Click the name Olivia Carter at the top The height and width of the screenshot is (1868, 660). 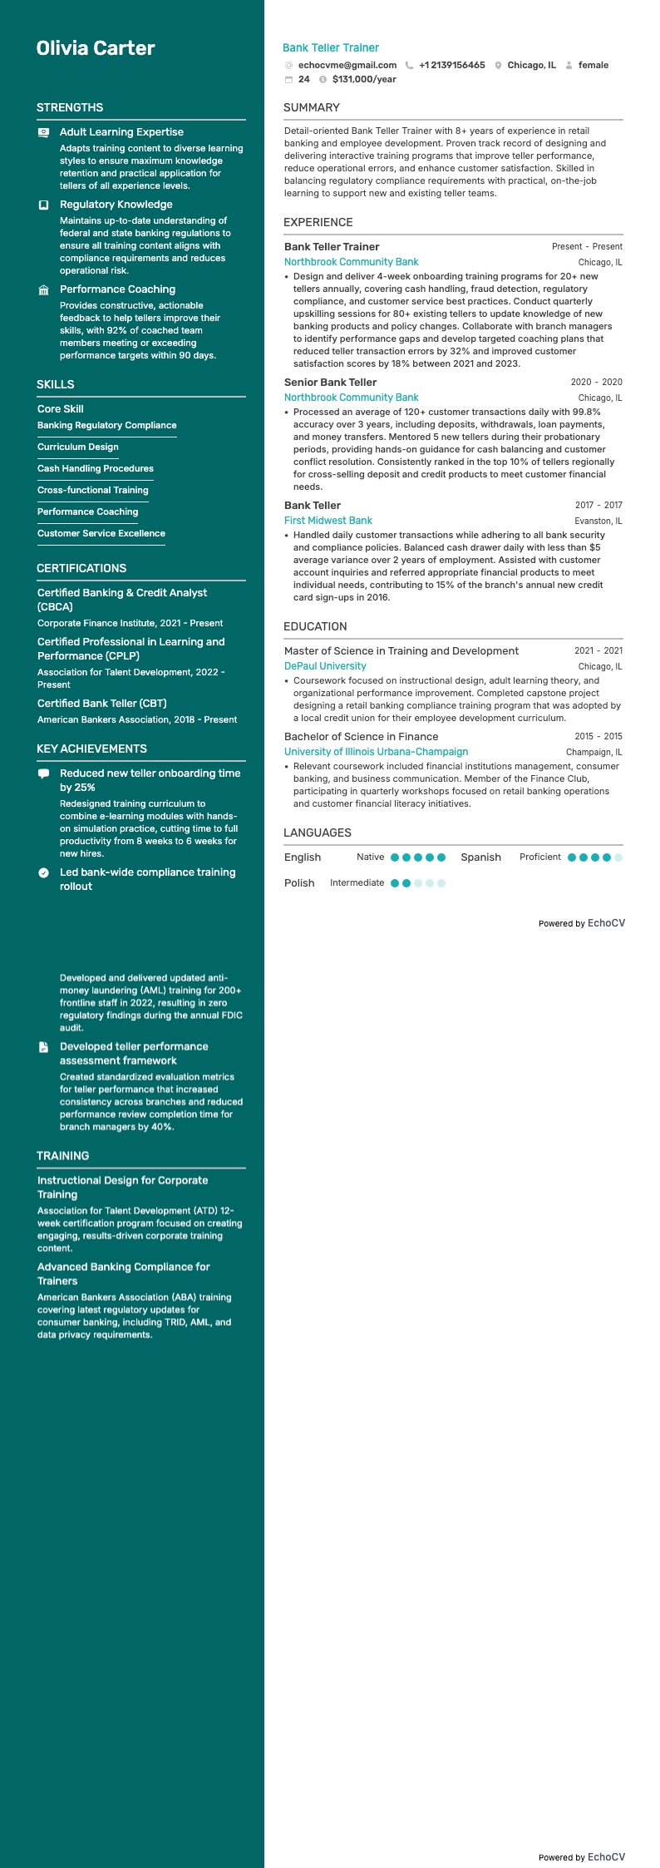(x=96, y=48)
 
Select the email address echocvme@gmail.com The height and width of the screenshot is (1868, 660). (x=347, y=65)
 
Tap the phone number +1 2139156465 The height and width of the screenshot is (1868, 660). (x=451, y=65)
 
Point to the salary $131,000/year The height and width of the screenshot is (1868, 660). (x=364, y=80)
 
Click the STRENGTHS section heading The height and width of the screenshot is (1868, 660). (x=70, y=107)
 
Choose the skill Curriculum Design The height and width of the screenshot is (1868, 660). (x=78, y=447)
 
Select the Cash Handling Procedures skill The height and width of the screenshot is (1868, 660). (x=96, y=468)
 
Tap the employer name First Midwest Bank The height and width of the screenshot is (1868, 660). (x=328, y=521)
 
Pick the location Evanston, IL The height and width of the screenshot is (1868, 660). (x=598, y=521)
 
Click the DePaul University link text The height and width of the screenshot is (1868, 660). (x=325, y=666)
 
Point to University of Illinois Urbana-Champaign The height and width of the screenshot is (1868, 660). (x=376, y=752)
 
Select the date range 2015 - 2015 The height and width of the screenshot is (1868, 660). (x=598, y=736)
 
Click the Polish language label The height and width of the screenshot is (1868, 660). (x=299, y=883)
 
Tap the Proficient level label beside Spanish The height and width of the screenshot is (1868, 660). (x=539, y=857)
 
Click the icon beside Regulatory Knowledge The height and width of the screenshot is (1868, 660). (x=44, y=205)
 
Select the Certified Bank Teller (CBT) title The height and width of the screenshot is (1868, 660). (x=102, y=704)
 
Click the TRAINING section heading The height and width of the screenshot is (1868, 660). (x=62, y=1156)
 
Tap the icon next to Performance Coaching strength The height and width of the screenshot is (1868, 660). (x=44, y=289)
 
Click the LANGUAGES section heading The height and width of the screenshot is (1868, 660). (x=317, y=833)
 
